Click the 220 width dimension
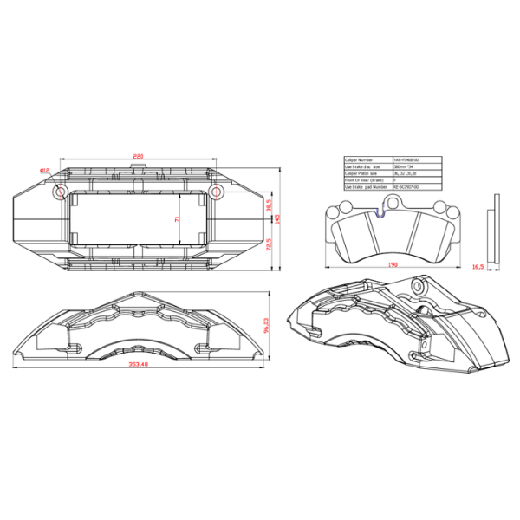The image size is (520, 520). [x=137, y=156]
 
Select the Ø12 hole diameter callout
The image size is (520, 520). [x=44, y=171]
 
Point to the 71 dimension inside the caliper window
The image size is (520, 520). [x=179, y=220]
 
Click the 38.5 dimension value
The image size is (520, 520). [x=269, y=209]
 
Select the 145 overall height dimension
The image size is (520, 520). [x=279, y=218]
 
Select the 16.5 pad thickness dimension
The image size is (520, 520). [x=478, y=268]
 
